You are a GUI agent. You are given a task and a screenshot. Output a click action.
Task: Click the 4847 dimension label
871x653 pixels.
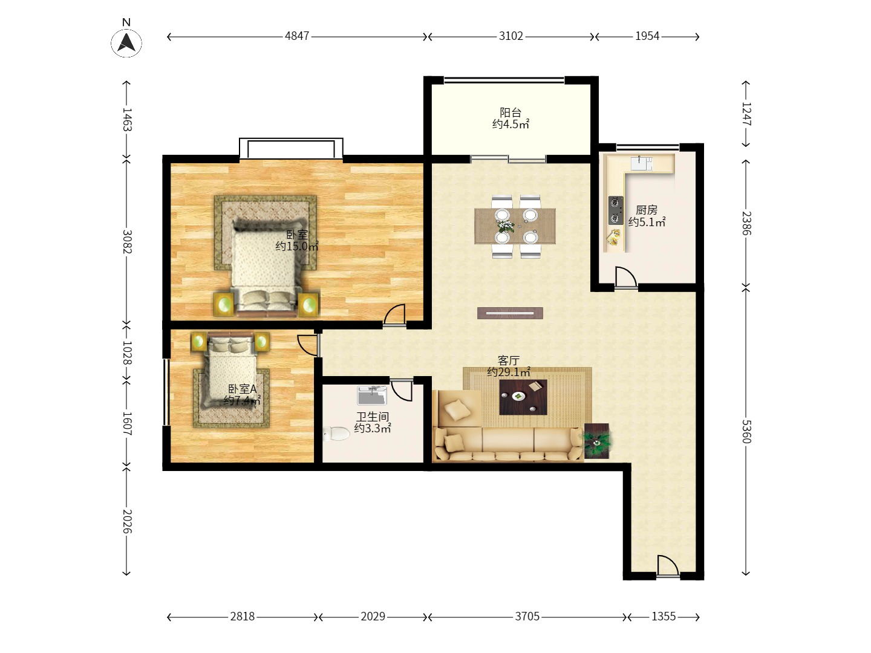(297, 36)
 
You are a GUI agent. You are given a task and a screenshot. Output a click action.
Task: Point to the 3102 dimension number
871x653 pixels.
(511, 36)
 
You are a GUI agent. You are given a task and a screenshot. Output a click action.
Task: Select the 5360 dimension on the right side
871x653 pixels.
(746, 431)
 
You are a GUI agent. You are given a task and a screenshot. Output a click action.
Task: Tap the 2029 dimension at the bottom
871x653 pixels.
(373, 616)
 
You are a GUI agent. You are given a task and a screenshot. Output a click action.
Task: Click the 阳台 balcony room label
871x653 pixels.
(511, 112)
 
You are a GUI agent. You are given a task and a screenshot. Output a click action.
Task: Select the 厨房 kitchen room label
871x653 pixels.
(647, 209)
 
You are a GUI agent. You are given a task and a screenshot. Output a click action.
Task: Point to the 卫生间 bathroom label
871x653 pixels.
(372, 417)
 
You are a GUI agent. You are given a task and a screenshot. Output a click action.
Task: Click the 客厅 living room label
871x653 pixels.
(508, 360)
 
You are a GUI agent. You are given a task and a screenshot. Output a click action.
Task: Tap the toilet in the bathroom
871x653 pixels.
(336, 434)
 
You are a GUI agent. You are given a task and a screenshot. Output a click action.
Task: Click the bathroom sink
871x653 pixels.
(372, 395)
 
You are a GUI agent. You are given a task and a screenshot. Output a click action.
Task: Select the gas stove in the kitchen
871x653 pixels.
(616, 210)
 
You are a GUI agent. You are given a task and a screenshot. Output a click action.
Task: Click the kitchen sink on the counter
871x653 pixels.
(642, 163)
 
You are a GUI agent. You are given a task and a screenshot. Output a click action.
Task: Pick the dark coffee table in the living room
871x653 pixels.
(523, 397)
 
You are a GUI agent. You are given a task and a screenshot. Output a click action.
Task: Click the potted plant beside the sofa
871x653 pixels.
(597, 441)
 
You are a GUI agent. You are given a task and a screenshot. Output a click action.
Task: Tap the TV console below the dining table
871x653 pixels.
(510, 313)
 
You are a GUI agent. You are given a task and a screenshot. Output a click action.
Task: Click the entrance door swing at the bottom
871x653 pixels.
(668, 565)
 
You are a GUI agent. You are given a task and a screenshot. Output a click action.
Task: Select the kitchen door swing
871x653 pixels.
(626, 278)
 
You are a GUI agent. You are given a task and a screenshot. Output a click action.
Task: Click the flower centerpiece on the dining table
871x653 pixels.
(504, 226)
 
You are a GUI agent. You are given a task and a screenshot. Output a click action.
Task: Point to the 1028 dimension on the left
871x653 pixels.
(127, 353)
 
